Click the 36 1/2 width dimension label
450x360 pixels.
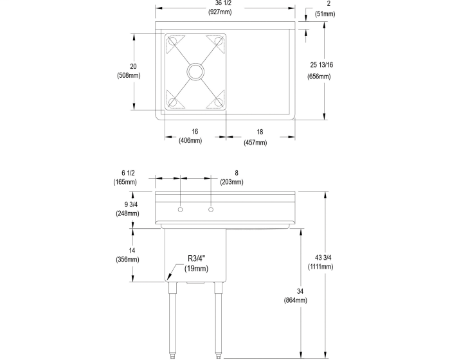(x=223, y=3)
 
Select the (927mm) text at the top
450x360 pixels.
(x=220, y=12)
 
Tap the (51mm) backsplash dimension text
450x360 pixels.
(x=325, y=14)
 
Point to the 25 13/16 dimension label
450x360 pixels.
(x=321, y=65)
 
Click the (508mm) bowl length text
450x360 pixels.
(x=129, y=75)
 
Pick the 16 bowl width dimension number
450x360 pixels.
(x=195, y=132)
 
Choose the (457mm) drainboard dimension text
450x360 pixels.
(x=255, y=142)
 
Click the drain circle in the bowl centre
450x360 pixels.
(x=195, y=71)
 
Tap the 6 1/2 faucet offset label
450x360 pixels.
(x=128, y=173)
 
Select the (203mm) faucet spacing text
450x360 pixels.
(x=231, y=182)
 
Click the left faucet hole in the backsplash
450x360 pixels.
(x=180, y=210)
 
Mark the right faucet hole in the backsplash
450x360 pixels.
(x=211, y=210)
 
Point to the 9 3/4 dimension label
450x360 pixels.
(x=131, y=204)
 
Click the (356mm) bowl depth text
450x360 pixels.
(x=128, y=260)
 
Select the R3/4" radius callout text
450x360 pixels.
(x=197, y=258)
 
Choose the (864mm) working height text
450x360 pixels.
(x=296, y=300)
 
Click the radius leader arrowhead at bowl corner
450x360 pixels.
(x=168, y=276)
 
